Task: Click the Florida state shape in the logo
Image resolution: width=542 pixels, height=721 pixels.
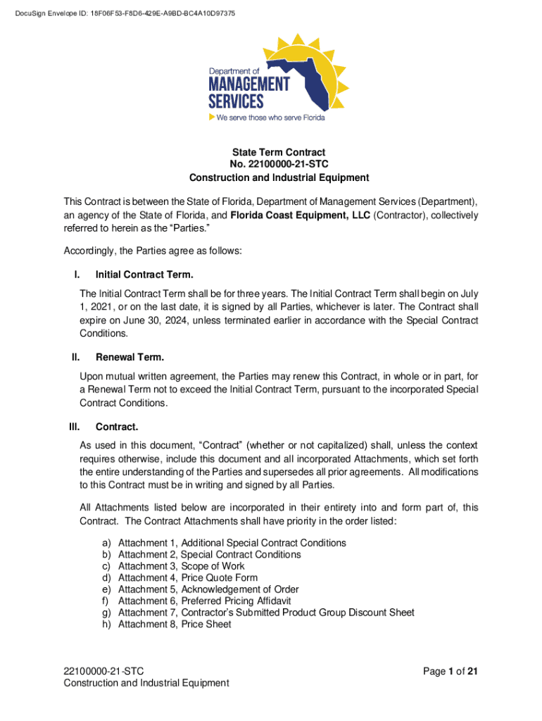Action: (296, 77)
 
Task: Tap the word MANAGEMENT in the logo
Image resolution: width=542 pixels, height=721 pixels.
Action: (248, 84)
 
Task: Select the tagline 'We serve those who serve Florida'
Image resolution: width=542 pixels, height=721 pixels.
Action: (270, 118)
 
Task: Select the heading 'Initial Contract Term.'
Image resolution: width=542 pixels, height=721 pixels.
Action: (144, 275)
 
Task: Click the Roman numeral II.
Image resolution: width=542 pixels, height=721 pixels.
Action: (75, 357)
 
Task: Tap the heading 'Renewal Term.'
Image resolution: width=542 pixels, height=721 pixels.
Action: (130, 357)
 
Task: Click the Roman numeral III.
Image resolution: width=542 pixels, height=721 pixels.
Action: (74, 427)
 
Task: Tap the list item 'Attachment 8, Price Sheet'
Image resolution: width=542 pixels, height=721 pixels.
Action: (175, 624)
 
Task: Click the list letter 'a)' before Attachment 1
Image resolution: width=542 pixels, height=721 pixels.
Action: (106, 543)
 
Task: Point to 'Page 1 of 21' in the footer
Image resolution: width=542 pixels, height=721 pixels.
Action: (450, 671)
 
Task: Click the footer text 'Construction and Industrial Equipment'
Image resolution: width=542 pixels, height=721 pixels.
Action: (146, 682)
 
